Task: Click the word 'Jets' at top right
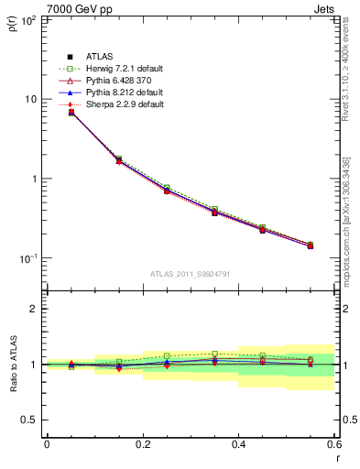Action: point(324,7)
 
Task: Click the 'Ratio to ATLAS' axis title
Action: point(11,363)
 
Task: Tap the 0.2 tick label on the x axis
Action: point(142,444)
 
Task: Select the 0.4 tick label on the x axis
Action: point(238,444)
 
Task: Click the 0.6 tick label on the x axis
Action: point(333,444)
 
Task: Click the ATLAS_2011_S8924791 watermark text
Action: point(189,273)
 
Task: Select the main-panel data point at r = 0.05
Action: point(71,112)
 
